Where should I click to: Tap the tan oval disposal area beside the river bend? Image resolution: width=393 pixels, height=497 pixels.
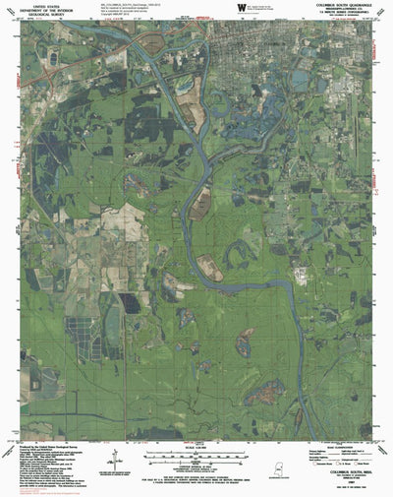[201, 204]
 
